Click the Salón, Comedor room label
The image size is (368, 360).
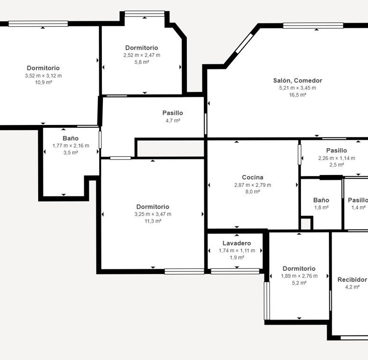coord(298,81)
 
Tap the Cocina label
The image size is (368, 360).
coord(252,177)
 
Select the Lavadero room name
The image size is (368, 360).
coord(236,243)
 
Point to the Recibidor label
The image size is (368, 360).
coord(352,280)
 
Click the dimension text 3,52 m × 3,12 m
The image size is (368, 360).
coord(43,75)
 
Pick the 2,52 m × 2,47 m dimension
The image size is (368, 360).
coord(142,55)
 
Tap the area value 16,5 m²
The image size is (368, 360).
coord(298,95)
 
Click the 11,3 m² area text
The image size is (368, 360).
coord(153,221)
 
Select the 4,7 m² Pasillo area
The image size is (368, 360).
coord(173,121)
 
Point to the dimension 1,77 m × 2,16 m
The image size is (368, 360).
coord(71,146)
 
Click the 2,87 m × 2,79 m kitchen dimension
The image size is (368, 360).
coord(252,185)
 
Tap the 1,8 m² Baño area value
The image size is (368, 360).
coord(321,208)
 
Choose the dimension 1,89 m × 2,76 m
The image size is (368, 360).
coord(299,276)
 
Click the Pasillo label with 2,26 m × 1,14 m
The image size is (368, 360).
coord(336,151)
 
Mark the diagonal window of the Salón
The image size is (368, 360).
coord(244,43)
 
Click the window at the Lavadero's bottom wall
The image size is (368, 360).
coord(235,271)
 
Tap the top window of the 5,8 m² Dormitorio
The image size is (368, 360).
coord(144,14)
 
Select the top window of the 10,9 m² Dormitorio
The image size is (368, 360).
coord(38,24)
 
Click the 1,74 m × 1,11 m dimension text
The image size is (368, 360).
coord(237,251)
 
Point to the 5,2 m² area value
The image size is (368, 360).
coord(299,283)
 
